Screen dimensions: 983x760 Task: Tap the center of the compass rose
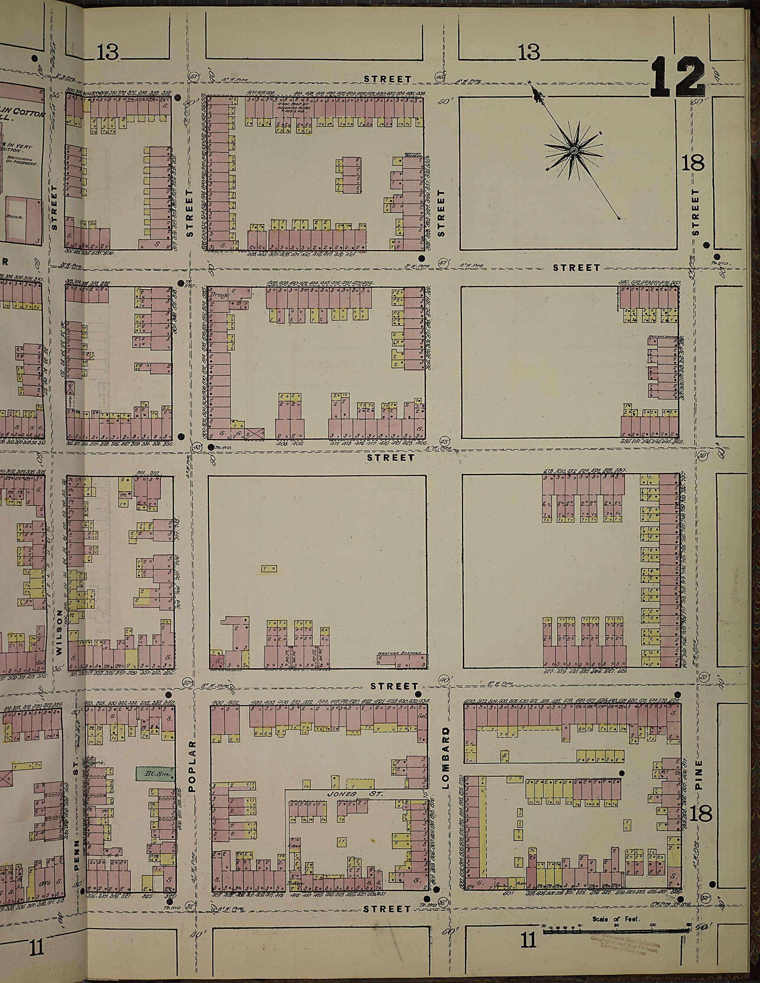click(x=574, y=150)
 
